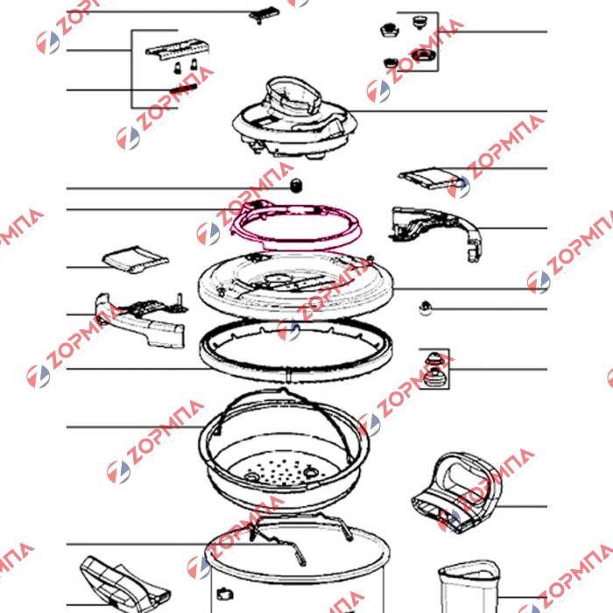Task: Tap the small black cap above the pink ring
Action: pyautogui.click(x=296, y=185)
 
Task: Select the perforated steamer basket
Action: pyautogui.click(x=285, y=449)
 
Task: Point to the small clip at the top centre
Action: pyautogui.click(x=264, y=15)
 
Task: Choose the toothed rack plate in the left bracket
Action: pyautogui.click(x=178, y=49)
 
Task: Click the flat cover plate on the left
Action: pyautogui.click(x=135, y=259)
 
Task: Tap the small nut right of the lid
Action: pyautogui.click(x=426, y=308)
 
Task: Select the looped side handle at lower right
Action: pyautogui.click(x=456, y=491)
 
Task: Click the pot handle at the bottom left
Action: pyautogui.click(x=124, y=584)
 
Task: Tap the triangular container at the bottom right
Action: pyautogui.click(x=469, y=587)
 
